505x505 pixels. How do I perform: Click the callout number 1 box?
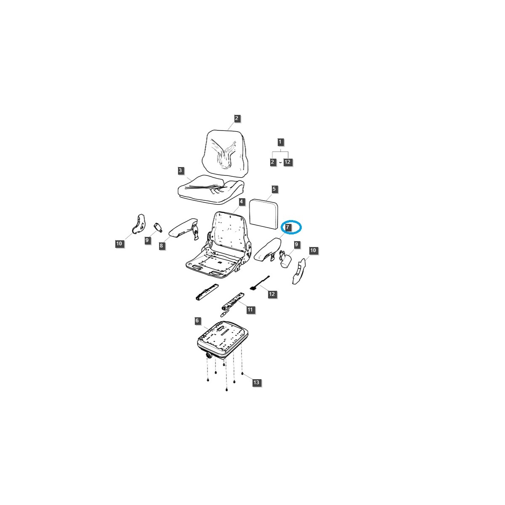pos(280,142)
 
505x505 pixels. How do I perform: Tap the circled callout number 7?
pos(288,227)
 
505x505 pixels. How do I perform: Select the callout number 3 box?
pos(180,170)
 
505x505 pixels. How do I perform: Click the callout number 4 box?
pos(241,202)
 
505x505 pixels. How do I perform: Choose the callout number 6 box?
pos(197,321)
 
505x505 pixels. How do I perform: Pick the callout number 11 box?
pos(250,310)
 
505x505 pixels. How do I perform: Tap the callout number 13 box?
pos(256,383)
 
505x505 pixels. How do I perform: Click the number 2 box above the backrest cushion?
pos(237,118)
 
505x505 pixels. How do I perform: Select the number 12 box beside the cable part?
pos(272,294)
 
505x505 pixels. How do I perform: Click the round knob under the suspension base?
pos(208,356)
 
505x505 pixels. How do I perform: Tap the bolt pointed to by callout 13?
pos(243,373)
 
